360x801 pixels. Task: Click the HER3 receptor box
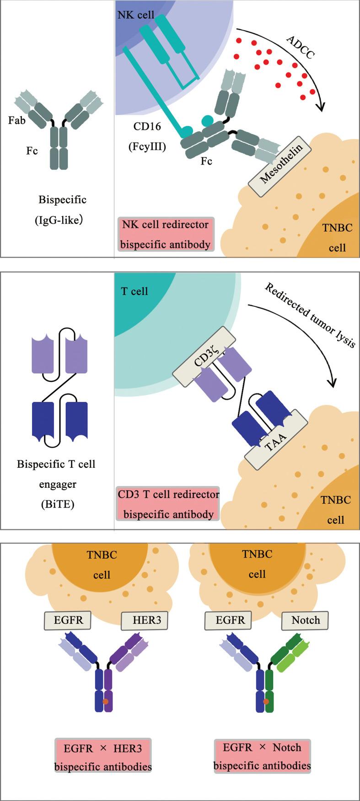(145, 620)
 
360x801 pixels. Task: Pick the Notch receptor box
(306, 620)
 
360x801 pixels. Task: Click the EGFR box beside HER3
(67, 620)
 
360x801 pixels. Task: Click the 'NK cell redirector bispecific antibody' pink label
(165, 234)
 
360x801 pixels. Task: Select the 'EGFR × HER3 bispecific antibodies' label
(103, 757)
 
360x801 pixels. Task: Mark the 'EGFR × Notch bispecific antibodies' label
(262, 756)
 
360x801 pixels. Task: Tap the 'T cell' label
(134, 291)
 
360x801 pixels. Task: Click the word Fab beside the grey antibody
(16, 120)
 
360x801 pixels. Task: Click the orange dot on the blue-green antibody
(265, 701)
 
